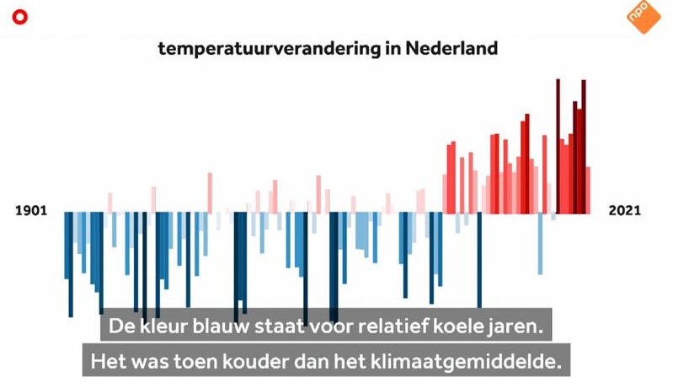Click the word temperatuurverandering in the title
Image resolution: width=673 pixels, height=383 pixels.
coord(269,49)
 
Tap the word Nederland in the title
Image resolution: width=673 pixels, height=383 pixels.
coord(451,48)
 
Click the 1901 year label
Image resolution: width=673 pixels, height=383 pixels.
coord(31,211)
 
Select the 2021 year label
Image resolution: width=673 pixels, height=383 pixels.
coord(624,211)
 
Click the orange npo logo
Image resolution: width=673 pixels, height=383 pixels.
coord(644,16)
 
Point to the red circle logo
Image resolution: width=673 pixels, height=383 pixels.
coord(19,17)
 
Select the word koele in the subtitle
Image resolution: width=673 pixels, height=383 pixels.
coord(457,326)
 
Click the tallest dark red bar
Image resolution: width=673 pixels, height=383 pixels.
coord(558,146)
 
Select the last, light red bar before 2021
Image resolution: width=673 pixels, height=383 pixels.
coord(588,191)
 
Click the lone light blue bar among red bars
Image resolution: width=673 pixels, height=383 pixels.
coord(541,244)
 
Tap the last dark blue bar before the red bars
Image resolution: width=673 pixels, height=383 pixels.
coord(479,261)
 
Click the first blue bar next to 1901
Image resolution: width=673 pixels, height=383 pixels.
coord(67,245)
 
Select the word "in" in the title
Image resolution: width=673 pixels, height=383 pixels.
coord(393,48)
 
